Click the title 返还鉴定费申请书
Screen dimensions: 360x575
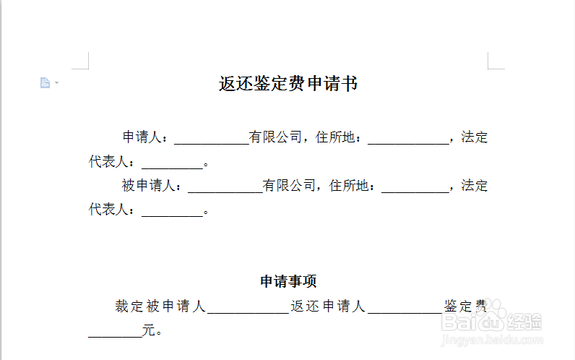(288, 84)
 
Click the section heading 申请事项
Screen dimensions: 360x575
(288, 281)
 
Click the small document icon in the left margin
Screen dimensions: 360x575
(46, 83)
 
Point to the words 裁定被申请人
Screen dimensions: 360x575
(160, 307)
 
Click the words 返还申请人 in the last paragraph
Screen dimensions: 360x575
(328, 307)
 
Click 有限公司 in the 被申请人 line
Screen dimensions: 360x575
(289, 186)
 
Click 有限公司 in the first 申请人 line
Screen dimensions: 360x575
(275, 137)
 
